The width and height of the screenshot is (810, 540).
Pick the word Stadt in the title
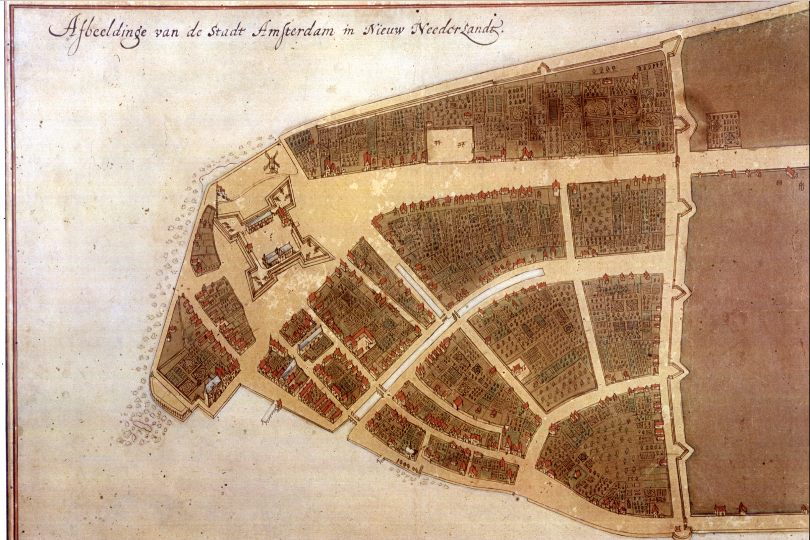click(x=226, y=32)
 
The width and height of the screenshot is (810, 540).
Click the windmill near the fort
click(x=272, y=162)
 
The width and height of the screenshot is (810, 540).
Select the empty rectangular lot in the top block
click(x=449, y=145)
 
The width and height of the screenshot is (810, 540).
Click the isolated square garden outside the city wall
click(x=723, y=131)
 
